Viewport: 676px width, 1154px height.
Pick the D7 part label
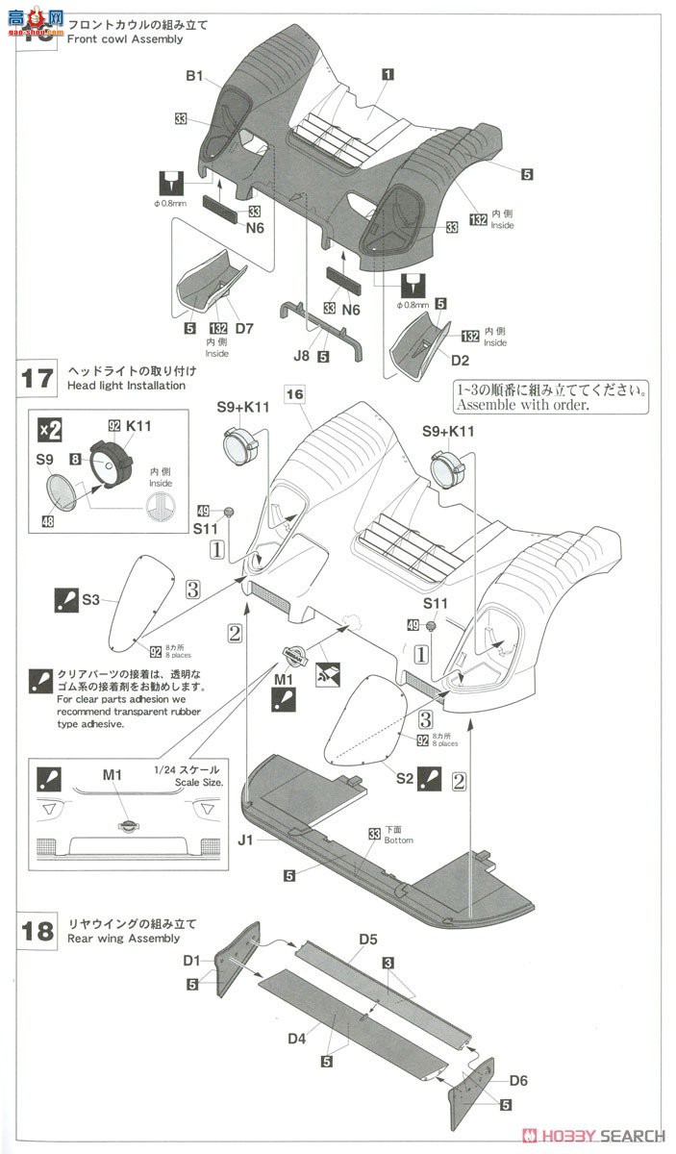click(x=244, y=329)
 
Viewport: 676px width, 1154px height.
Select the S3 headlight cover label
click(x=90, y=599)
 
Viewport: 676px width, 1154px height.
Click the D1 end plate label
click(x=192, y=960)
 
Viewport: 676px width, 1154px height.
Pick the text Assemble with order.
click(x=532, y=405)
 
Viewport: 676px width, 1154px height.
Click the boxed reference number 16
click(x=294, y=393)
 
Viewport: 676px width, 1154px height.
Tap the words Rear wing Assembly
click(x=123, y=938)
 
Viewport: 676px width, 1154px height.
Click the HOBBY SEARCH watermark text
click(x=603, y=1136)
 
